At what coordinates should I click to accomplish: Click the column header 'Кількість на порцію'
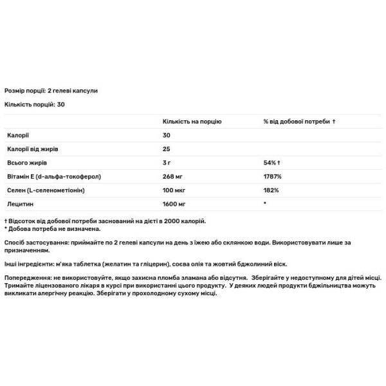pyautogui.click(x=192, y=121)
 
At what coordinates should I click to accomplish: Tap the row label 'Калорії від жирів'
pyautogui.click(x=26, y=149)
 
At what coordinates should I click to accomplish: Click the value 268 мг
pyautogui.click(x=172, y=177)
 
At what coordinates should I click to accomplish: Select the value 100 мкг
pyautogui.click(x=174, y=191)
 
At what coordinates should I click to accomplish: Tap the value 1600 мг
pyautogui.click(x=174, y=205)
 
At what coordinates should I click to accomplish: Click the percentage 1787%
pyautogui.click(x=271, y=177)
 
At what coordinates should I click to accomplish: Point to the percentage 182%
pyautogui.click(x=270, y=191)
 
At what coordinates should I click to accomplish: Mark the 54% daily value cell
pyautogui.click(x=270, y=163)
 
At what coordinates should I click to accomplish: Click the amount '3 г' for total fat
pyautogui.click(x=167, y=163)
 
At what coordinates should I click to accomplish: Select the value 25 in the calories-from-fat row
pyautogui.click(x=167, y=149)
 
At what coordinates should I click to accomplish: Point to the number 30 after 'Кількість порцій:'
pyautogui.click(x=61, y=104)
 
